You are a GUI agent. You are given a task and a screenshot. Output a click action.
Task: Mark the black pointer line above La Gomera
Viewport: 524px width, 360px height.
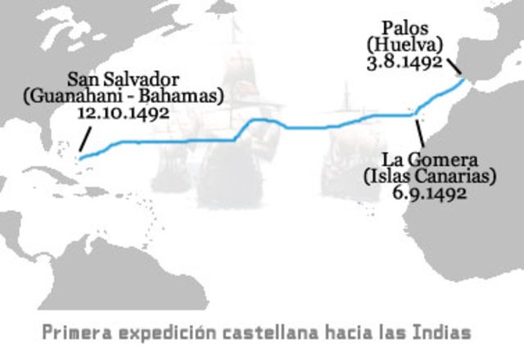click(420, 133)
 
